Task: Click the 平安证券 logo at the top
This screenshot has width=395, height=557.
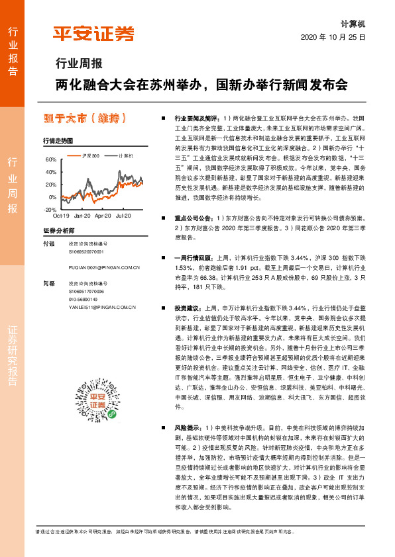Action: click(x=93, y=32)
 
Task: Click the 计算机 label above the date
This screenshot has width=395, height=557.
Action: click(x=355, y=23)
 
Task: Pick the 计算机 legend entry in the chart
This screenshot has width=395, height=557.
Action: click(x=125, y=155)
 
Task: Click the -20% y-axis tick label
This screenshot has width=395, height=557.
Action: click(x=50, y=210)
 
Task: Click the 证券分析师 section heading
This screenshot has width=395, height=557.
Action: click(x=60, y=230)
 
